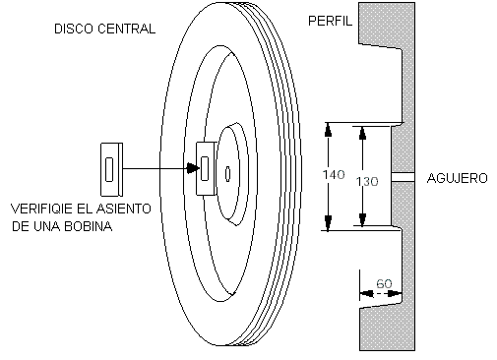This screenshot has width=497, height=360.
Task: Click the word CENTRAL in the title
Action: point(126,29)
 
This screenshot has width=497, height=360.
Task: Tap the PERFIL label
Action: point(330,21)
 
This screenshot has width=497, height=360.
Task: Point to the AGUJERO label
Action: point(458,178)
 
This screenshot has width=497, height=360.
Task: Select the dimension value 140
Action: point(334,175)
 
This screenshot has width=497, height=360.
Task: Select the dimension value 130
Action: point(367,181)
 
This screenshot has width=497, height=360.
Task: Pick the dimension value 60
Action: point(384,283)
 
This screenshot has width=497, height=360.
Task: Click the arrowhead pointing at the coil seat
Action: point(193,168)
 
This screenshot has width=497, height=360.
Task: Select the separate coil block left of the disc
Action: point(111,169)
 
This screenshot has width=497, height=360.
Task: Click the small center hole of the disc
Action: point(227,174)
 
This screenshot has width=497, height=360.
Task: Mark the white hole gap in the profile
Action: point(404,177)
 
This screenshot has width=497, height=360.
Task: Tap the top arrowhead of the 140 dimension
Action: point(328,130)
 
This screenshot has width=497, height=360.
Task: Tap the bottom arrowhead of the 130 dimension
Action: point(362,219)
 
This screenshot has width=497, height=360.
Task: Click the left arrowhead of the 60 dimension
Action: point(366,293)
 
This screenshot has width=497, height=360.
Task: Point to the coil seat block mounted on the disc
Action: point(206,168)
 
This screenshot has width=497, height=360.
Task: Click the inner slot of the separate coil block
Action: point(109,169)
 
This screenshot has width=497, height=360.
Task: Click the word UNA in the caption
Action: point(46,226)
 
